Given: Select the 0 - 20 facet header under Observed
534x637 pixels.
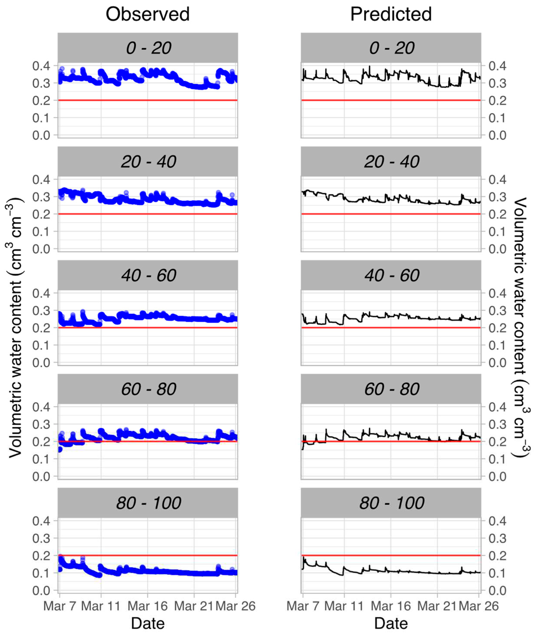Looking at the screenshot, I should [148, 48].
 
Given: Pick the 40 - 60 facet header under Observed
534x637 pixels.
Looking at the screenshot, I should [148, 275].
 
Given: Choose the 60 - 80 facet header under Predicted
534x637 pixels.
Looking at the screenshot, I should [391, 389].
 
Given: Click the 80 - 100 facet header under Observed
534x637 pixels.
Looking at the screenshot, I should [148, 503].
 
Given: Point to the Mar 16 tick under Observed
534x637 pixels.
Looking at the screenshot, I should [147, 606].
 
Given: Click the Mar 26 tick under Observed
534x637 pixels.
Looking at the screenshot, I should [235, 606].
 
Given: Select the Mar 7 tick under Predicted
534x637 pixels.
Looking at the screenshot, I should [303, 606].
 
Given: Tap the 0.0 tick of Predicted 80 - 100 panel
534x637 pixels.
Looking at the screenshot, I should [497, 591].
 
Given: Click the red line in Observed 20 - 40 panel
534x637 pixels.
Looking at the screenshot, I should [147, 214].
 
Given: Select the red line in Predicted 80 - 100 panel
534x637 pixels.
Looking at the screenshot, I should [391, 555].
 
